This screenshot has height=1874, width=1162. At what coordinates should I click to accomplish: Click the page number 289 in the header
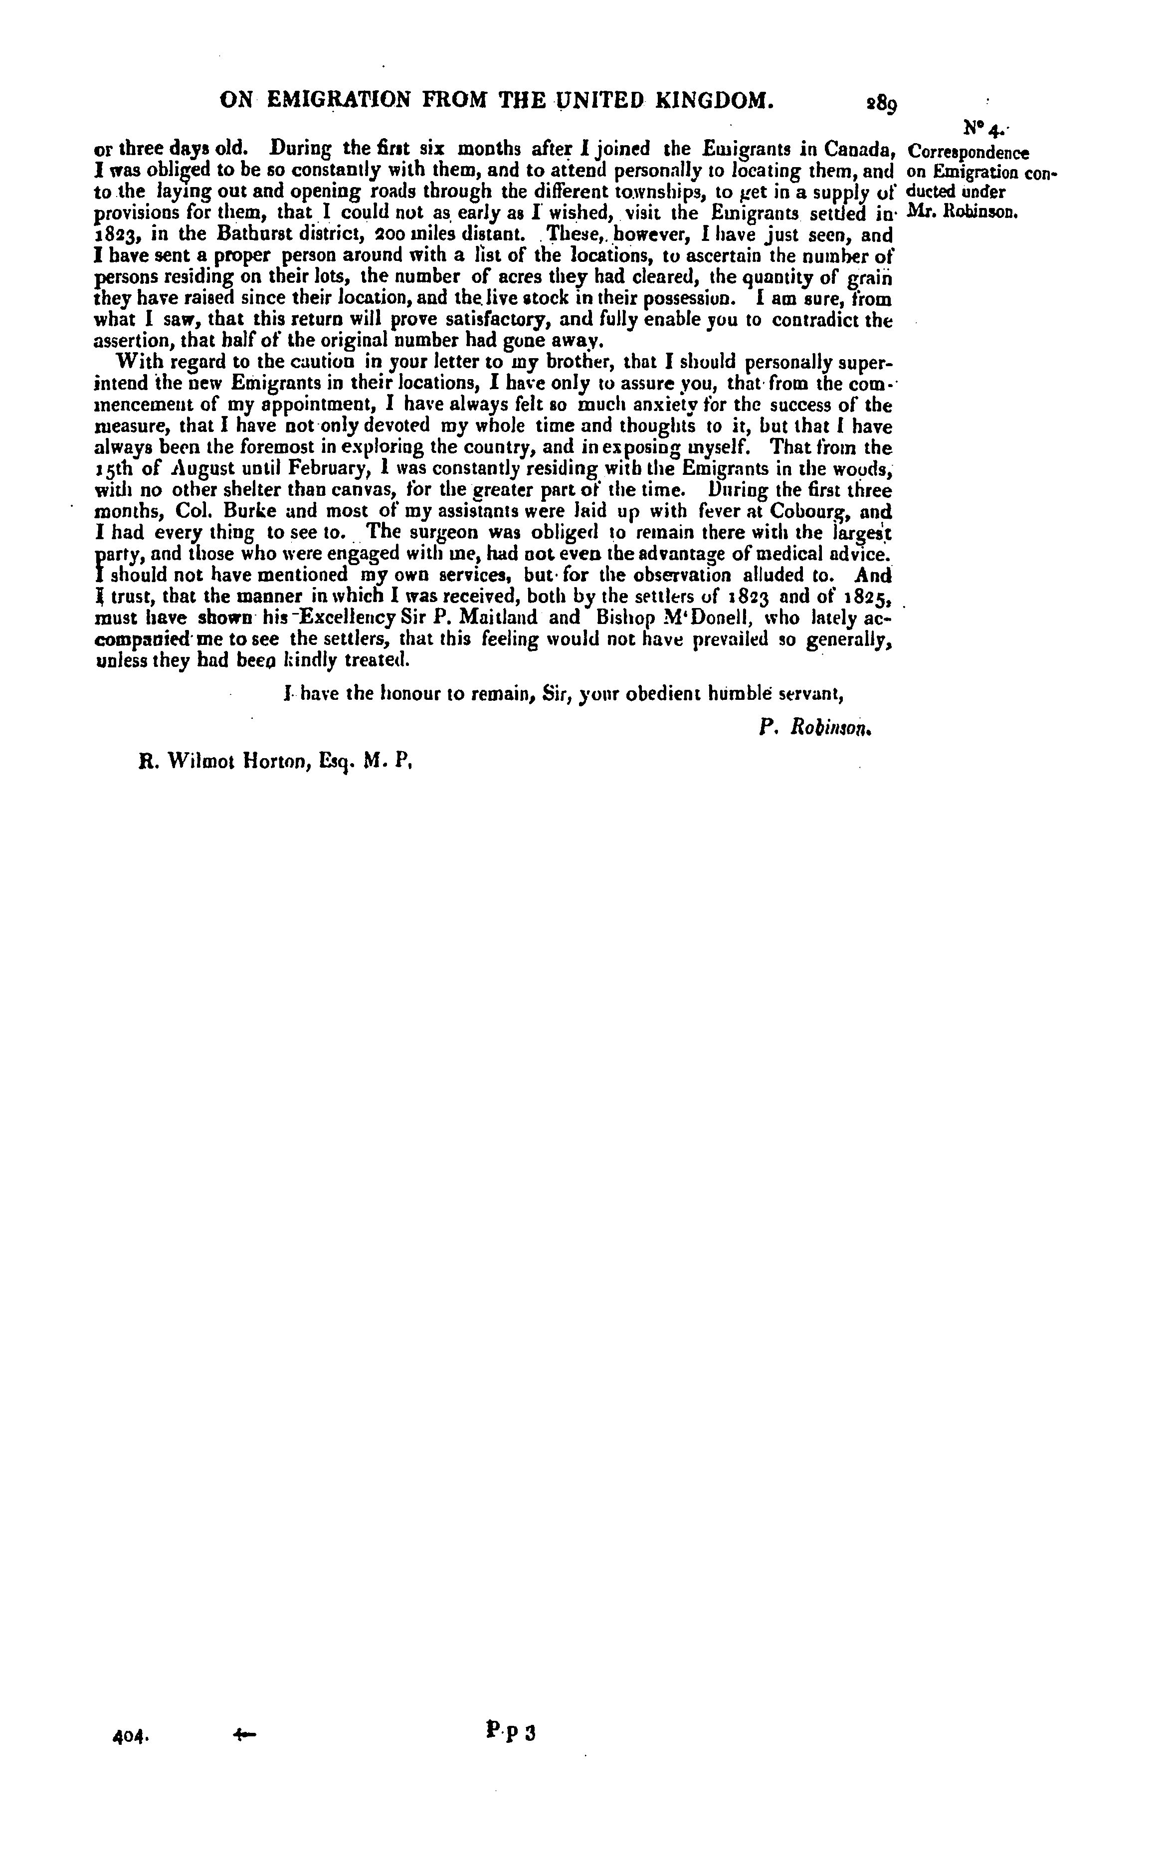[x=882, y=102]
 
